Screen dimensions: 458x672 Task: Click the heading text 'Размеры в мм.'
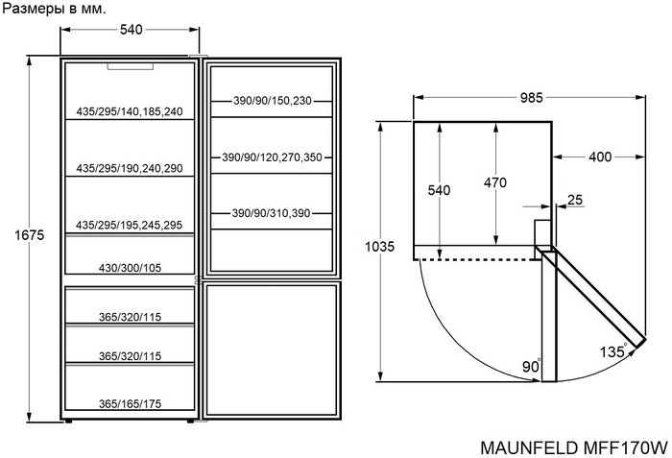(54, 9)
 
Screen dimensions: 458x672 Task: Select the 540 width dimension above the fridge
(132, 30)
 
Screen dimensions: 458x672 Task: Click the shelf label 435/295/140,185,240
(130, 112)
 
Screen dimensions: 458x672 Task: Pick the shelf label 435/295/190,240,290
(130, 168)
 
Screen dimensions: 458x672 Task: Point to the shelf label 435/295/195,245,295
(130, 225)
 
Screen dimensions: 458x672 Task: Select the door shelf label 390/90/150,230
(273, 101)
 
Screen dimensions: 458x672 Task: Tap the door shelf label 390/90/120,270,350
(273, 157)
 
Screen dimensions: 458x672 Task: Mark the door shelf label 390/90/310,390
(273, 213)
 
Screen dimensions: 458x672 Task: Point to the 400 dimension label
(601, 157)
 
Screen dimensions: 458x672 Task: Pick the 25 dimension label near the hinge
(575, 200)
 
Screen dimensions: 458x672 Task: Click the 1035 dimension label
(380, 247)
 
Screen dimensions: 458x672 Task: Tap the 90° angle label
(532, 367)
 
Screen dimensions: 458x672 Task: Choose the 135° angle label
(614, 350)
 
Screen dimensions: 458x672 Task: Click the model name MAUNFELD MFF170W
(571, 446)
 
